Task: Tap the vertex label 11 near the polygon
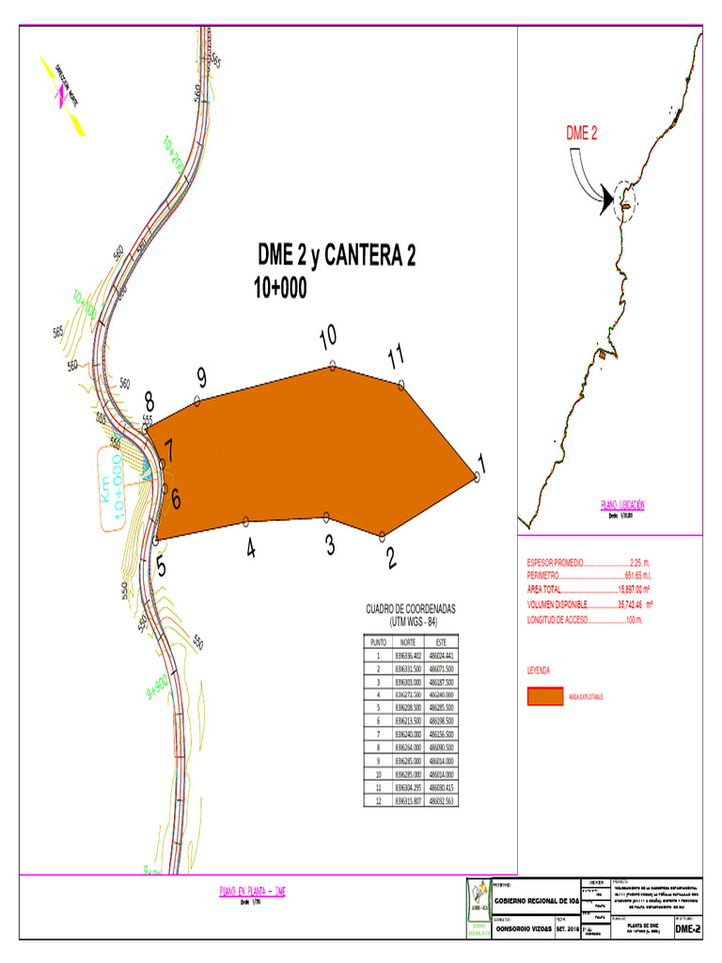pos(397,356)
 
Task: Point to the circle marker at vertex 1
pos(478,478)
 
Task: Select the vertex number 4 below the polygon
pos(251,548)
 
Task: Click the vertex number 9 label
pos(201,378)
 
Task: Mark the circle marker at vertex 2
pos(383,536)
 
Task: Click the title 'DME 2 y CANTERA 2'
pos(337,257)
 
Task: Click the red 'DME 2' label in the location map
pos(582,134)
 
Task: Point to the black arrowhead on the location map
pos(607,200)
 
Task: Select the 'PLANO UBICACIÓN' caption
pos(622,505)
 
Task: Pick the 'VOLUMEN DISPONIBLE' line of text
pos(590,605)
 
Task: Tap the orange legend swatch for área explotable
pos(544,696)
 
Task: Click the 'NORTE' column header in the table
pos(408,641)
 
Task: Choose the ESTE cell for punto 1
pos(441,655)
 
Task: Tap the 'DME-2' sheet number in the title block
pos(688,928)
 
